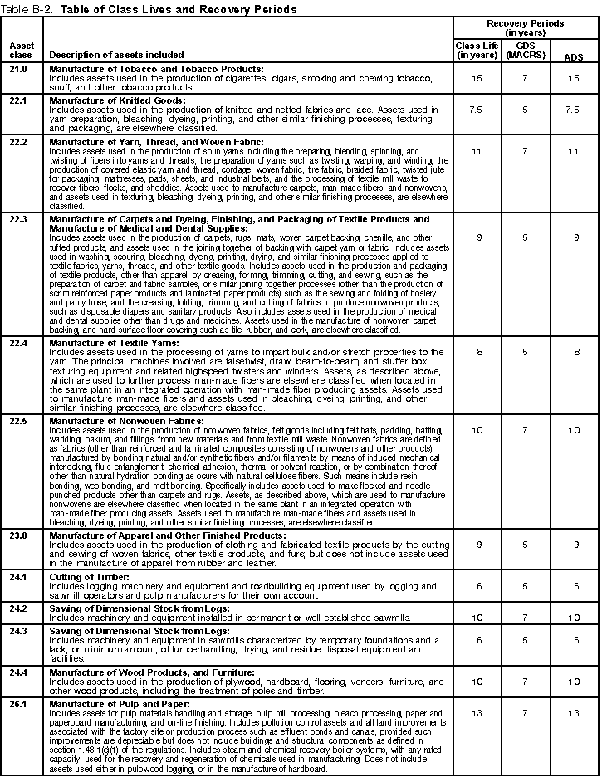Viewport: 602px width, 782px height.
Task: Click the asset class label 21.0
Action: [x=17, y=69]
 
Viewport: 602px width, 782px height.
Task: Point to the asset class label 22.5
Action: [x=17, y=421]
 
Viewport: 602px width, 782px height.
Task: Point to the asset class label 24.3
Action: [x=17, y=631]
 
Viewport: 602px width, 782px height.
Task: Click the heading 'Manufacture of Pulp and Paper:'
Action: [x=118, y=701]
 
